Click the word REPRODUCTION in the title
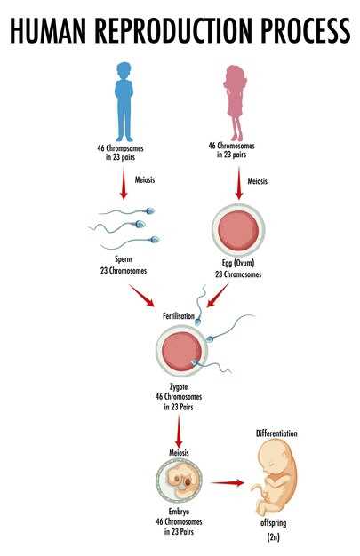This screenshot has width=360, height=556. (174, 31)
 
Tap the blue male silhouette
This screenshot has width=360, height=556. (124, 102)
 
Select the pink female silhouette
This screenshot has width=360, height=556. (235, 103)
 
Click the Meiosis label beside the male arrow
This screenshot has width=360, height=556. (145, 179)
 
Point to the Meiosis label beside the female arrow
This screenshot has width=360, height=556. (258, 181)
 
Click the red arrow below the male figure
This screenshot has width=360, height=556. (124, 183)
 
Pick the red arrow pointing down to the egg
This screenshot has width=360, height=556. (239, 184)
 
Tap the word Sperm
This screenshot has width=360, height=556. (124, 259)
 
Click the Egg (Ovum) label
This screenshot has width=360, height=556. (238, 263)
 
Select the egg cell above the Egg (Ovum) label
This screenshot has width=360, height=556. (238, 230)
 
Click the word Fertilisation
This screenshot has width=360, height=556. (179, 315)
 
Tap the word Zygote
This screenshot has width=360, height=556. (179, 387)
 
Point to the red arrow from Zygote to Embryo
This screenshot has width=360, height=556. (179, 431)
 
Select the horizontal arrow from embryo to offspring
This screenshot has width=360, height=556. (228, 482)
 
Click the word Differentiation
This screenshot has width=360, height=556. (276, 433)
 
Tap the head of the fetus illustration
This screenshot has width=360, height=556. (274, 457)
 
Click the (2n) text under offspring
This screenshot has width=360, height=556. (274, 537)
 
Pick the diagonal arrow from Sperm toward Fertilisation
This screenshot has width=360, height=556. (141, 296)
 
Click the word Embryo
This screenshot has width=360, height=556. (179, 512)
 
